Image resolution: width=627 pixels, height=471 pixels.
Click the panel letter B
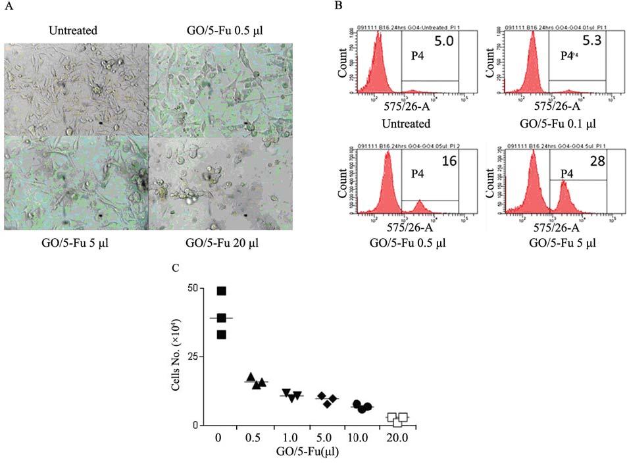tap(338, 6)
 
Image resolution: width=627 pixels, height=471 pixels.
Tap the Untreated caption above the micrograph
tap(73, 30)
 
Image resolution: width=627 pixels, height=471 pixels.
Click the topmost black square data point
tap(222, 291)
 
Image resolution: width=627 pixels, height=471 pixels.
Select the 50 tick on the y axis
tap(191, 288)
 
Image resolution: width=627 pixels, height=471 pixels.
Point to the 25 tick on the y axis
tap(191, 357)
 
